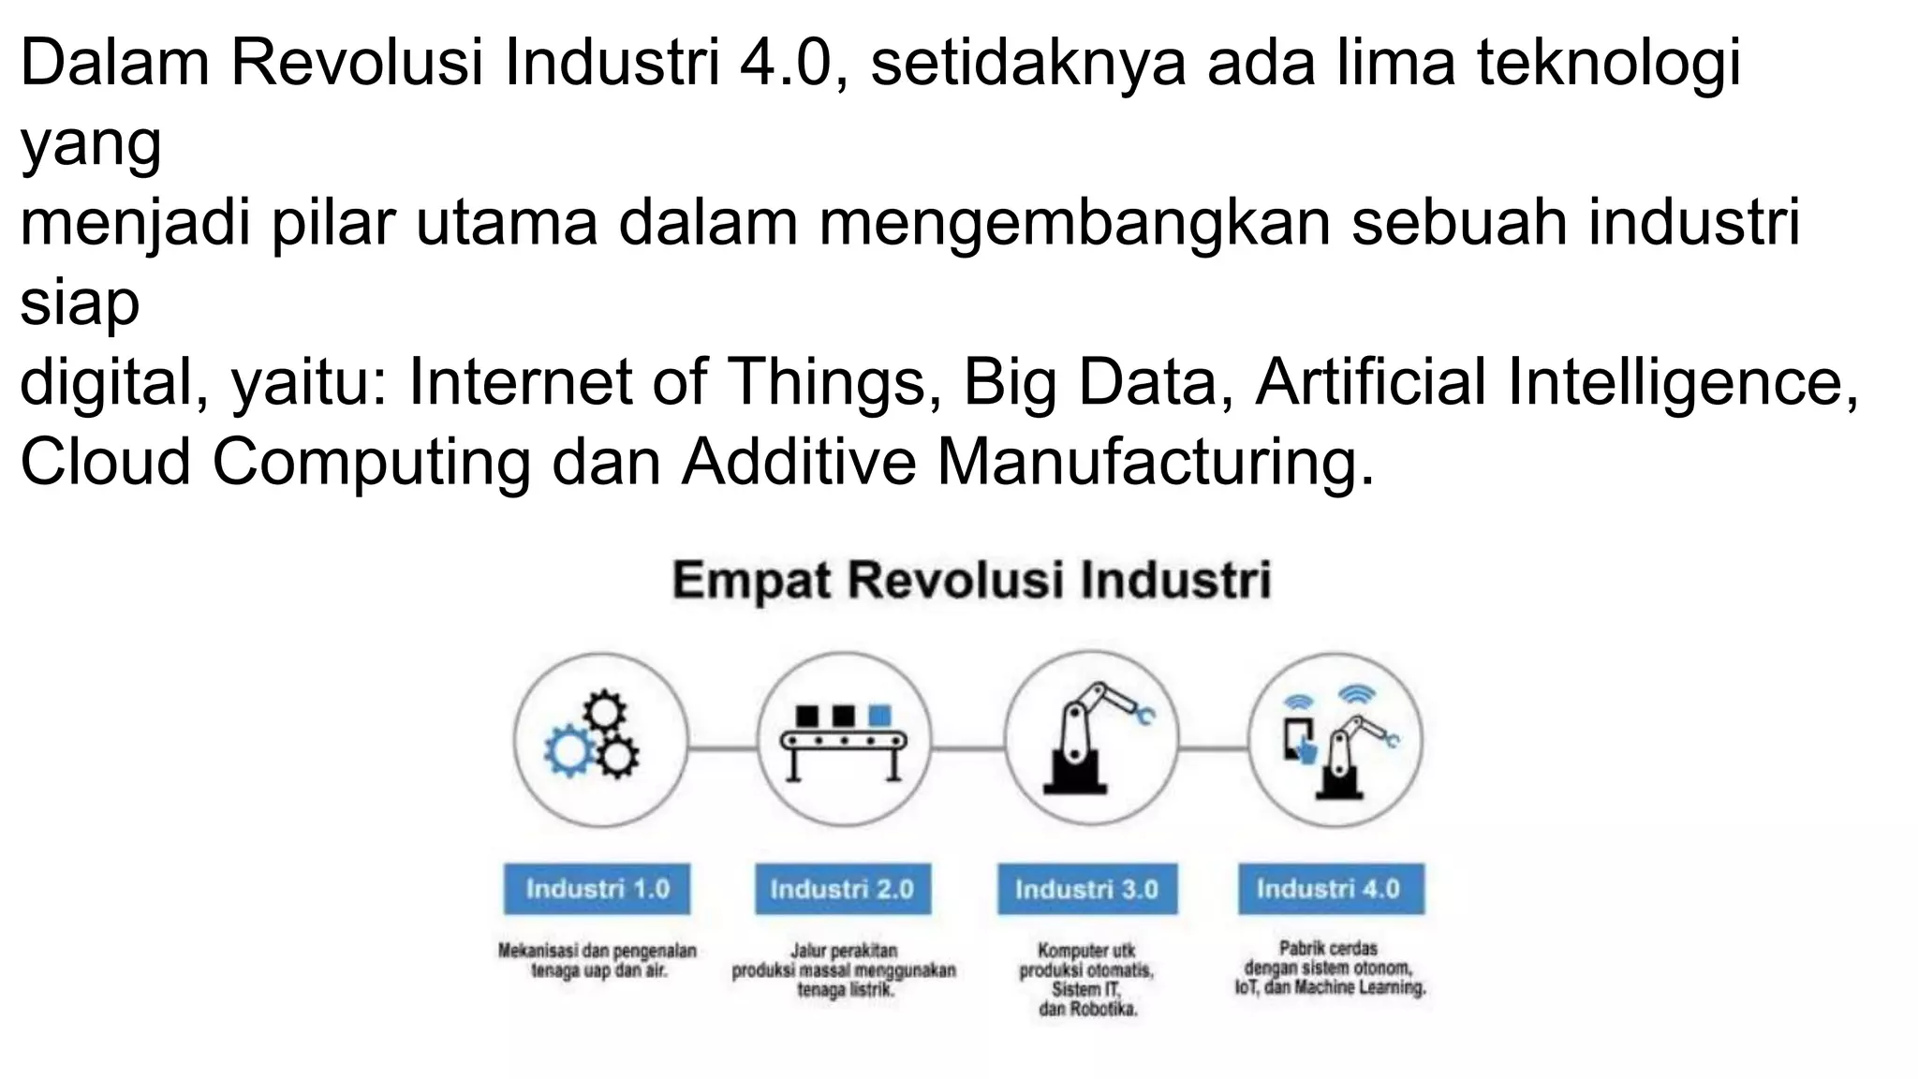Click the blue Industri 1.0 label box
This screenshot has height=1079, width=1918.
pyautogui.click(x=597, y=888)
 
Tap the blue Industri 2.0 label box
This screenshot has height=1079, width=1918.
pyautogui.click(x=842, y=888)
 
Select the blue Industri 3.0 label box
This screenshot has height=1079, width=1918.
pyautogui.click(x=1086, y=888)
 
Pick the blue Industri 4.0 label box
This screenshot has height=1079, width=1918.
pyautogui.click(x=1330, y=888)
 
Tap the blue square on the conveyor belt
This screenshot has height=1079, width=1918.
pyautogui.click(x=879, y=716)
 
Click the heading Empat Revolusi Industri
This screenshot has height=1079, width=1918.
pyautogui.click(x=971, y=580)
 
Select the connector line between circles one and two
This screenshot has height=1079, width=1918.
pyautogui.click(x=722, y=748)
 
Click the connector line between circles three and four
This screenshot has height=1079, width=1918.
pyautogui.click(x=1213, y=748)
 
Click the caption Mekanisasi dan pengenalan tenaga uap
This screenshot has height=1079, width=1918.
pyautogui.click(x=598, y=960)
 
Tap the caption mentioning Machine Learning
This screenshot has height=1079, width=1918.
pyautogui.click(x=1330, y=968)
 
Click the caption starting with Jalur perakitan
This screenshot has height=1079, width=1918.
pyautogui.click(x=843, y=969)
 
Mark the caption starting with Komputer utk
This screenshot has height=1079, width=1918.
pyautogui.click(x=1086, y=979)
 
